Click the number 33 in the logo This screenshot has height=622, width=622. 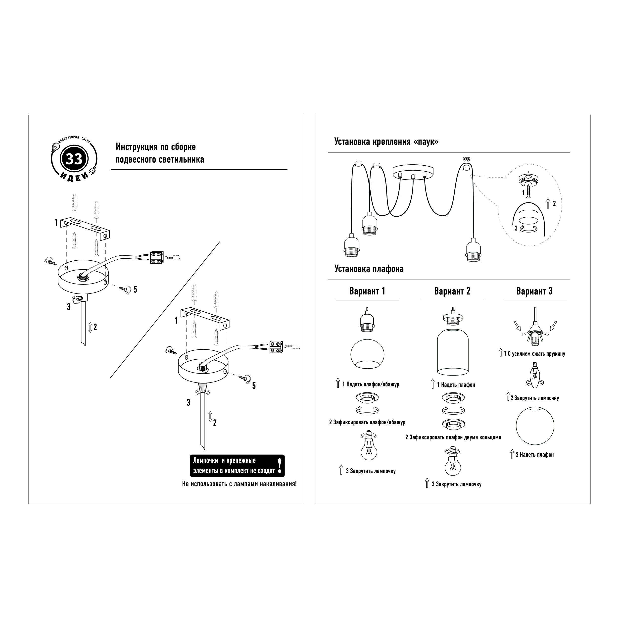pyautogui.click(x=74, y=159)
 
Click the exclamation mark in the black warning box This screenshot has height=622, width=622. pyautogui.click(x=280, y=466)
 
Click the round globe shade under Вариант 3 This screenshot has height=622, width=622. pyautogui.click(x=535, y=426)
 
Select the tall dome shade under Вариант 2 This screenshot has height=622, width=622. pyautogui.click(x=453, y=352)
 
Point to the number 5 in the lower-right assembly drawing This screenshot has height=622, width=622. pyautogui.click(x=254, y=386)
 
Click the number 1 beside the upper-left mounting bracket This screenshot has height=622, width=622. pyautogui.click(x=56, y=223)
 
